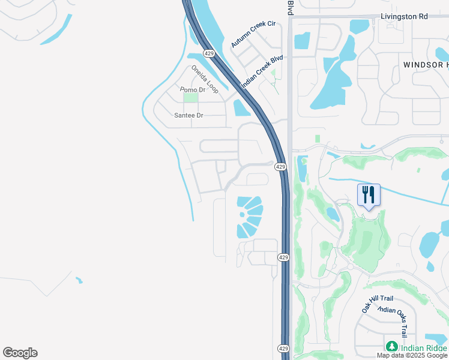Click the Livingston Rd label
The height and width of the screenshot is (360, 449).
point(404,16)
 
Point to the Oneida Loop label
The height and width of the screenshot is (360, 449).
point(205,79)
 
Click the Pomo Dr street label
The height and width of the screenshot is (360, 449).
point(193,89)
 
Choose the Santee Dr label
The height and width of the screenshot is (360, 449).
point(188,115)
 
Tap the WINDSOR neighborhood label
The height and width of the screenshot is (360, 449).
point(425,64)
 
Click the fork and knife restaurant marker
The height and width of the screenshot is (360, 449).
point(369,195)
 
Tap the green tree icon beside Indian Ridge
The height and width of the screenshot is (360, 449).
point(391,346)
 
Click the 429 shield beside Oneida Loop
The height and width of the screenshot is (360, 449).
point(209,53)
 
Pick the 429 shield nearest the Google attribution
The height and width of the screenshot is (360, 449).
point(284,348)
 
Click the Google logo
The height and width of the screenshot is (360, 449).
point(20,353)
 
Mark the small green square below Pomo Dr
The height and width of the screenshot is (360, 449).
point(190,97)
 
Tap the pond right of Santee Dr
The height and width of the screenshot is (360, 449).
point(241,108)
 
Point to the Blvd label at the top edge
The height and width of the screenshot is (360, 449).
point(290,7)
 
